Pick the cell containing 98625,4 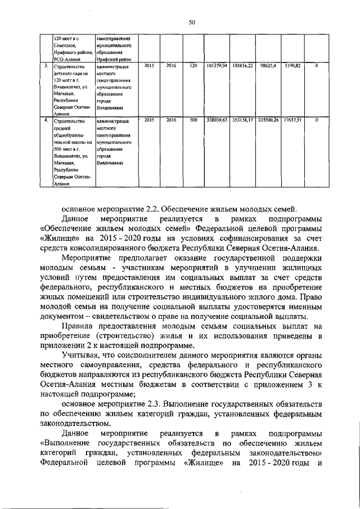(268, 66)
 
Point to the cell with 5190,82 (293, 66)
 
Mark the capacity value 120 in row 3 (193, 66)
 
